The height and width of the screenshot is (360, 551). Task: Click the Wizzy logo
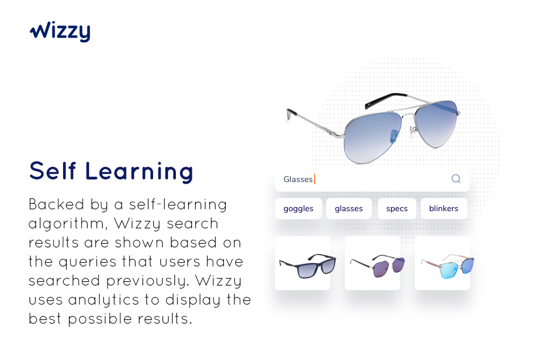(60, 32)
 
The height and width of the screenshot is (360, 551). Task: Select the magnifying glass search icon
(456, 179)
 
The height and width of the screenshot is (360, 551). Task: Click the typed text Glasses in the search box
(298, 179)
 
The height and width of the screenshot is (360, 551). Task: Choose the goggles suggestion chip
(298, 209)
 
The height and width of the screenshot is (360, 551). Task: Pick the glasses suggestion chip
(349, 209)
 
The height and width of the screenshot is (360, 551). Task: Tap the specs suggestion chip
(397, 209)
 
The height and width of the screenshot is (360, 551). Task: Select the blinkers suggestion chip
(443, 209)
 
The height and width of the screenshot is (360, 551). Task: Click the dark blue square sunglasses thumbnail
(303, 263)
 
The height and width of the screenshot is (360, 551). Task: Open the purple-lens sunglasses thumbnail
(372, 263)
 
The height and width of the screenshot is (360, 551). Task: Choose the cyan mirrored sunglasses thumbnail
(442, 263)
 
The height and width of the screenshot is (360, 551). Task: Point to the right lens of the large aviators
(436, 123)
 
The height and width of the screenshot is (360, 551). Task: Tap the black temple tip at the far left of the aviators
(290, 114)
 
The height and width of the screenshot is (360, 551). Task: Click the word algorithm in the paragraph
(67, 224)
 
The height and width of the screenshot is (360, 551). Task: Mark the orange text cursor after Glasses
(315, 179)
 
